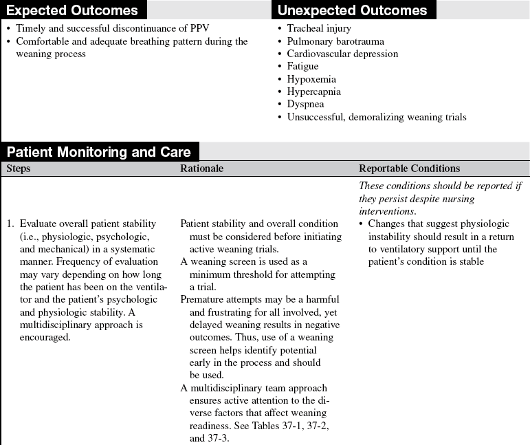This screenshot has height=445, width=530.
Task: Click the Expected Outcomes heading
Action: [71, 10]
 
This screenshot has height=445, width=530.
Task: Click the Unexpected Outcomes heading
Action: [352, 10]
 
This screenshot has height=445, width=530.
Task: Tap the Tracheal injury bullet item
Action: [319, 29]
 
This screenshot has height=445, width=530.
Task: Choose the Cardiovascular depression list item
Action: [342, 54]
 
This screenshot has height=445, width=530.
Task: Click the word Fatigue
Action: [302, 67]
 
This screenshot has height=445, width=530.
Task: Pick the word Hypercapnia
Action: [313, 91]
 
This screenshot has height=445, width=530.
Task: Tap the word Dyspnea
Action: [305, 104]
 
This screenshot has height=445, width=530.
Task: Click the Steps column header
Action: [19, 169]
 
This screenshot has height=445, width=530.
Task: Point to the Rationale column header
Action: [201, 169]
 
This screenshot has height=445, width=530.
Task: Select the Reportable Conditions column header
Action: [410, 169]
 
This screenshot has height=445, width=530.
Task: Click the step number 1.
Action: [10, 224]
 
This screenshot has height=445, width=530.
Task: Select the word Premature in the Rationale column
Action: [202, 299]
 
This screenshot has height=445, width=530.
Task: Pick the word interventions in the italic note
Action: [389, 211]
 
